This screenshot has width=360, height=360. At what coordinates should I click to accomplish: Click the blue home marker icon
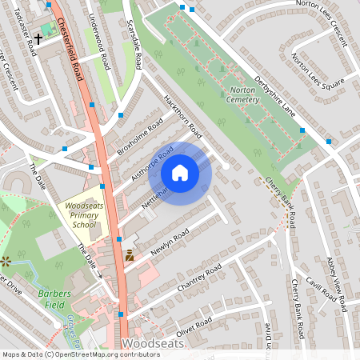pos(180,173)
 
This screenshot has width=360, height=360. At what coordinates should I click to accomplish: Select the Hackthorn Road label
pos(182,115)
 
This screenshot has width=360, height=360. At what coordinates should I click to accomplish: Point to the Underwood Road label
pos(104,39)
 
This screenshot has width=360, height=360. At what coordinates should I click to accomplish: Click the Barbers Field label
pos(54,298)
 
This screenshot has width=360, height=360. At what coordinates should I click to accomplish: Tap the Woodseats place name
pos(155,343)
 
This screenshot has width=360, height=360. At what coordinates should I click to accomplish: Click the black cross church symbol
pos(38,38)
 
